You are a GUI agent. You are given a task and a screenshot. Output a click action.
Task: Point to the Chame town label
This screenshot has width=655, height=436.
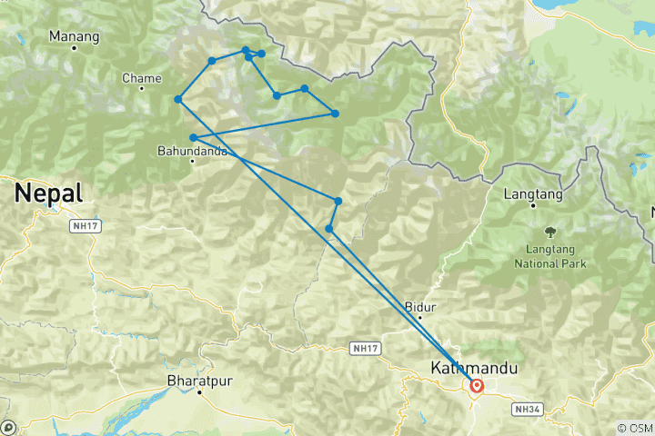tap(141, 79)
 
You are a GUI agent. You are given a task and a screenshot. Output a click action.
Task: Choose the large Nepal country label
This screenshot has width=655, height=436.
tap(48, 193)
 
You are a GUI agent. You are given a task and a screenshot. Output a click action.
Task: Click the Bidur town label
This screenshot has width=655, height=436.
tap(419, 306)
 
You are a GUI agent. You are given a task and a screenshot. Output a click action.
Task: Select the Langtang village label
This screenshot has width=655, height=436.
tap(534, 193)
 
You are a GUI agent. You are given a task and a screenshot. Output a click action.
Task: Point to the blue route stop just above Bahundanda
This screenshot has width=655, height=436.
tap(194, 138)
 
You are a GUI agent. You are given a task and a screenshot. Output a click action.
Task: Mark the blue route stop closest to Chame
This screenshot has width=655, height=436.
tap(178, 99)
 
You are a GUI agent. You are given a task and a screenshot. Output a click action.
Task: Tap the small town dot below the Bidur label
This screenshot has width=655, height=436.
tap(420, 318)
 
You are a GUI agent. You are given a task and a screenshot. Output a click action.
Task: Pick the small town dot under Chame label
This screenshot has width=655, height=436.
tap(142, 90)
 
